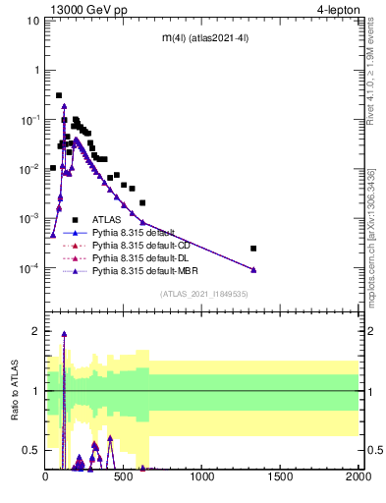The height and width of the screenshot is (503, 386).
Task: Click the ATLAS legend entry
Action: (107, 220)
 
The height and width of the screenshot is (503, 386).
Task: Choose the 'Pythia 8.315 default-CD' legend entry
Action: (139, 246)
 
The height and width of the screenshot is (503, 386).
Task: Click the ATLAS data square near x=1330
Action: (253, 249)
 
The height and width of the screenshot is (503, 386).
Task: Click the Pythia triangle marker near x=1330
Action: (253, 269)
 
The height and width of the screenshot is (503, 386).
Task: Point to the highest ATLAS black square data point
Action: (59, 95)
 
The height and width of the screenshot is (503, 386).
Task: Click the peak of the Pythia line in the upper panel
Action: (64, 105)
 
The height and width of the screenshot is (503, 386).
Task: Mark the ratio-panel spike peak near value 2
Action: (64, 333)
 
